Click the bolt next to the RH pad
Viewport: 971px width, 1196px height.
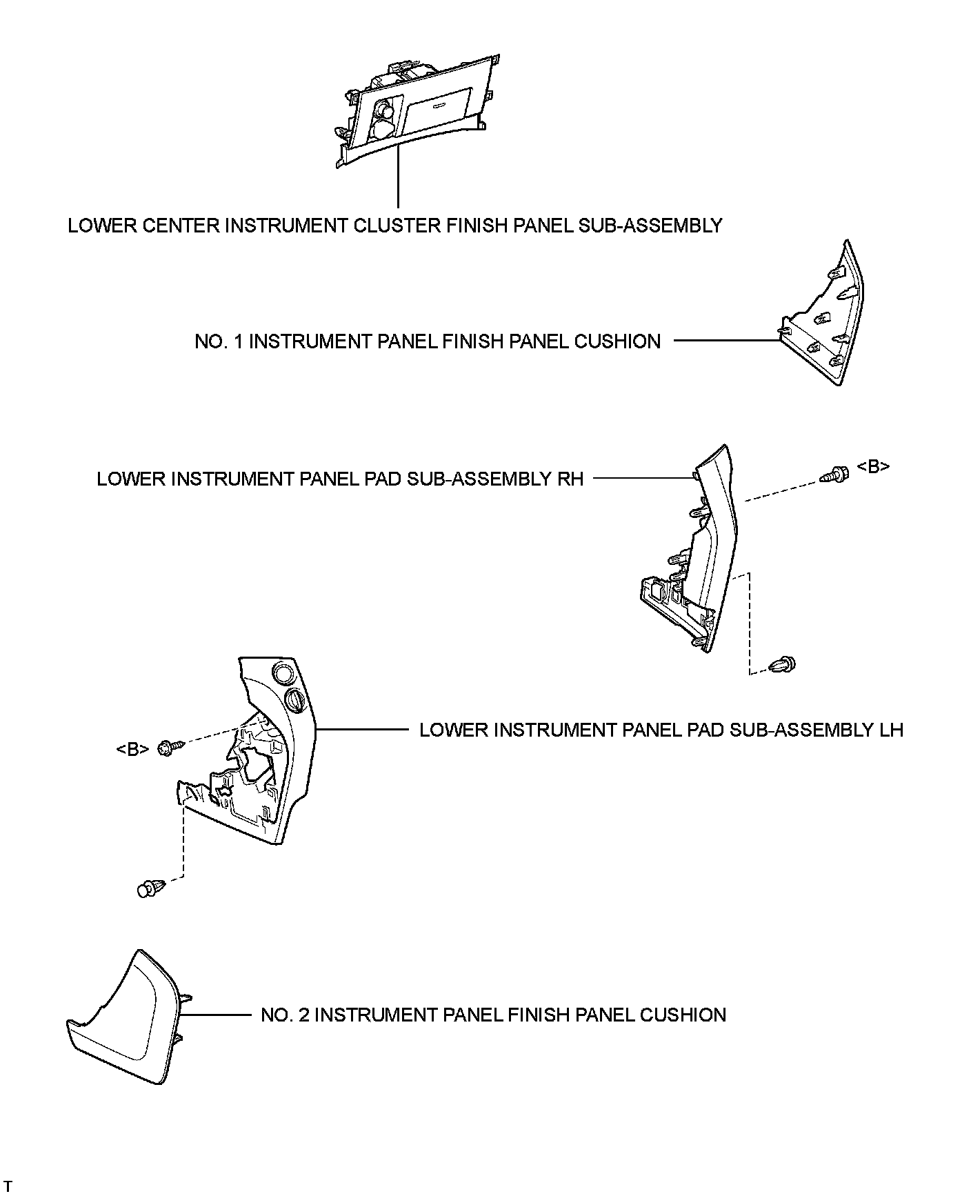pyautogui.click(x=834, y=475)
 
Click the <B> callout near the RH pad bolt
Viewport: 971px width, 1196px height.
pyautogui.click(x=872, y=467)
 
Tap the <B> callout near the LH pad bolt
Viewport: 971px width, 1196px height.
pyautogui.click(x=132, y=748)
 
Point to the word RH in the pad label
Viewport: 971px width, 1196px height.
pyautogui.click(x=570, y=479)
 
